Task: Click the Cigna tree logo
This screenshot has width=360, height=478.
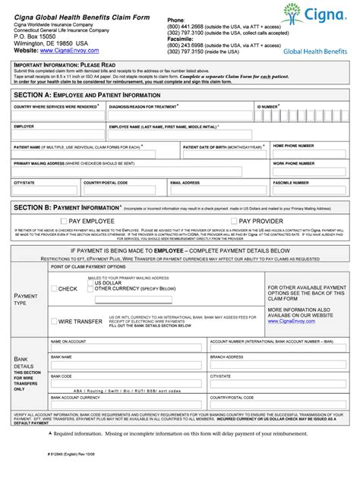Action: click(x=294, y=16)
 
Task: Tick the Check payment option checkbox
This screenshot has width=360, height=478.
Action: click(x=54, y=288)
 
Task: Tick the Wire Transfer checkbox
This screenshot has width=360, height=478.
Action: click(x=54, y=321)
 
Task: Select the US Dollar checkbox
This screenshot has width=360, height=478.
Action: click(x=90, y=283)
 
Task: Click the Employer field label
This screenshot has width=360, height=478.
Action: click(x=24, y=127)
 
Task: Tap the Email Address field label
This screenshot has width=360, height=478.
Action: click(x=187, y=183)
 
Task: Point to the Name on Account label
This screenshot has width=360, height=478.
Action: click(x=68, y=342)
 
